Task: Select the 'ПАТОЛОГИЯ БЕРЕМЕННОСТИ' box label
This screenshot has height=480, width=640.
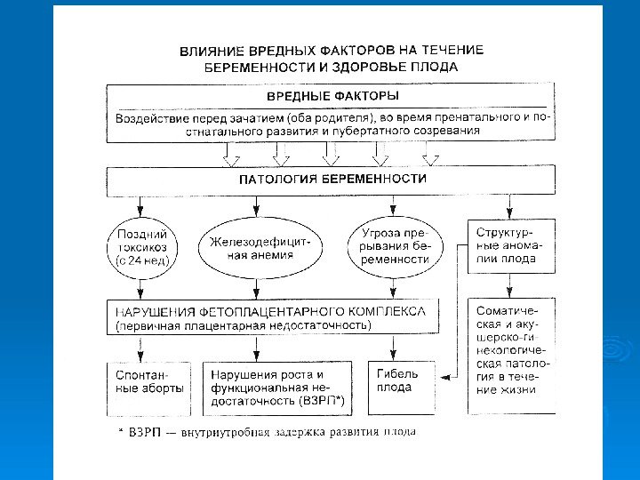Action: [333, 179]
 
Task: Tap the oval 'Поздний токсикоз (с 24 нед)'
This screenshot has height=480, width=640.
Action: [142, 247]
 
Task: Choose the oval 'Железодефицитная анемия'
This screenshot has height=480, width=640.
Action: [255, 247]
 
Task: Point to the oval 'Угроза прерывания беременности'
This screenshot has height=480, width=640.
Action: [395, 247]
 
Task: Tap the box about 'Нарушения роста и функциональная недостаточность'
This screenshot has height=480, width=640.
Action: [277, 388]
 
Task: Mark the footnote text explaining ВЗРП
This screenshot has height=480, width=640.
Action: [268, 432]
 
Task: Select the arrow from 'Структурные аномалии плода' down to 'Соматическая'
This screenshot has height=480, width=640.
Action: [508, 285]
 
